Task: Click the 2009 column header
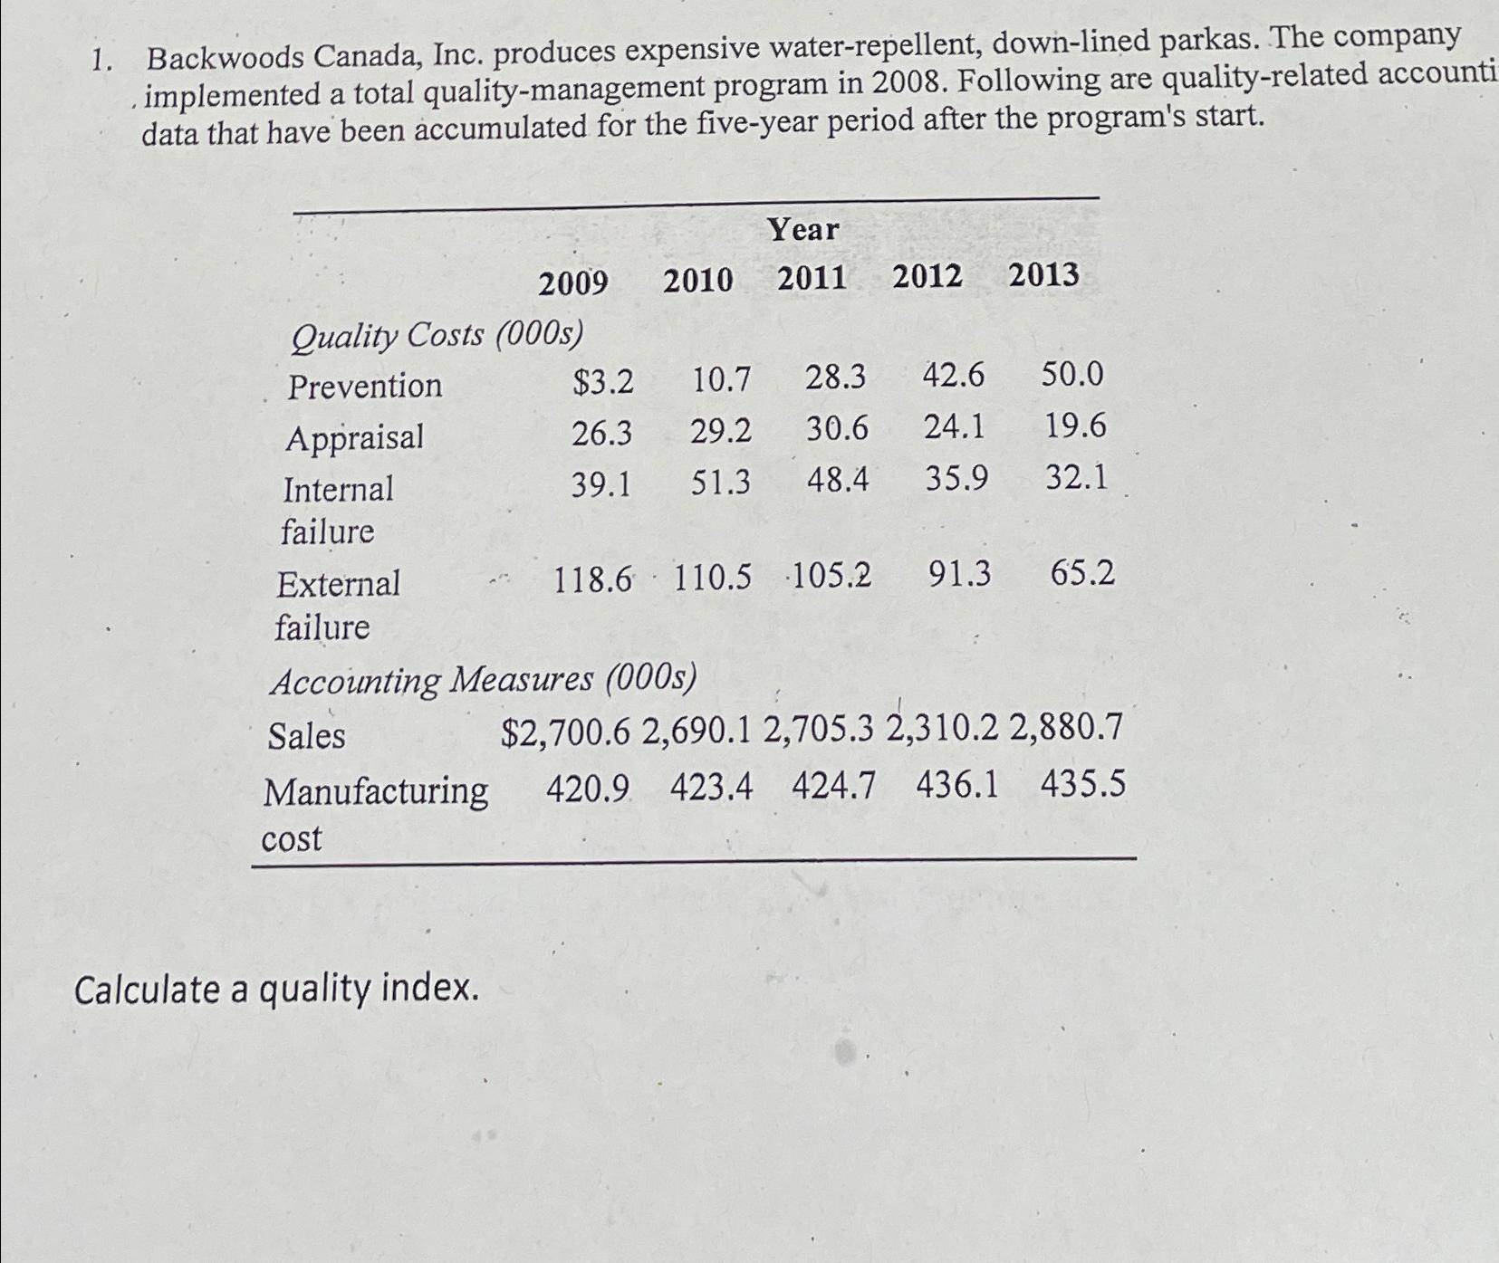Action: pos(573,283)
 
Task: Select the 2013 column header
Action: pos(1043,274)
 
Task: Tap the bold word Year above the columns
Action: pos(803,229)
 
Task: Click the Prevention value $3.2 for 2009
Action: pos(603,383)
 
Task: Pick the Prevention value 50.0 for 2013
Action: pos(1072,373)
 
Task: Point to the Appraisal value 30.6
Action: pos(837,427)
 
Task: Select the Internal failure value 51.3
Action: pos(721,482)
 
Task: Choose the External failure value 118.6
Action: pos(592,579)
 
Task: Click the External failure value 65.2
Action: pos(1083,573)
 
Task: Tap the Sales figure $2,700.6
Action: pos(565,732)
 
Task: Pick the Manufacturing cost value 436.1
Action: pos(957,785)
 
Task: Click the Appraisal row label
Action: pos(354,438)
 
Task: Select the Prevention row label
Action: pos(365,387)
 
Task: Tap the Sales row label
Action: pos(306,736)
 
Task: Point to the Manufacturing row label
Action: pos(376,793)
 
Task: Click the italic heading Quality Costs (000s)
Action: pos(437,336)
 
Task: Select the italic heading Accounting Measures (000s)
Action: pos(484,680)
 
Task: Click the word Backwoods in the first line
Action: pos(226,59)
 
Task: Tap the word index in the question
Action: pos(430,990)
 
